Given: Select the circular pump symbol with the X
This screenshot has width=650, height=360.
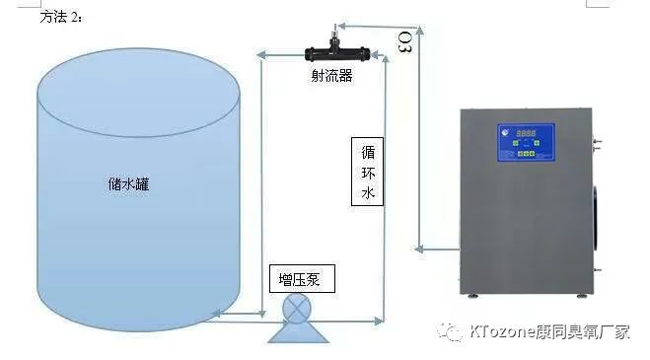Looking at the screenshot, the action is (296, 309).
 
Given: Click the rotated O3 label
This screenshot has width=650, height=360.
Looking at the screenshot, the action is (405, 43).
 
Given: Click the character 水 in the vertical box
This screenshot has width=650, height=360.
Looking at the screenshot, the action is (367, 193).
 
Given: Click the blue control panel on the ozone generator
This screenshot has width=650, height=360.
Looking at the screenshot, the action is (529, 142).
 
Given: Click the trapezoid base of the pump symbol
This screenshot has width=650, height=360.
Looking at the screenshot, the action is (296, 333).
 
